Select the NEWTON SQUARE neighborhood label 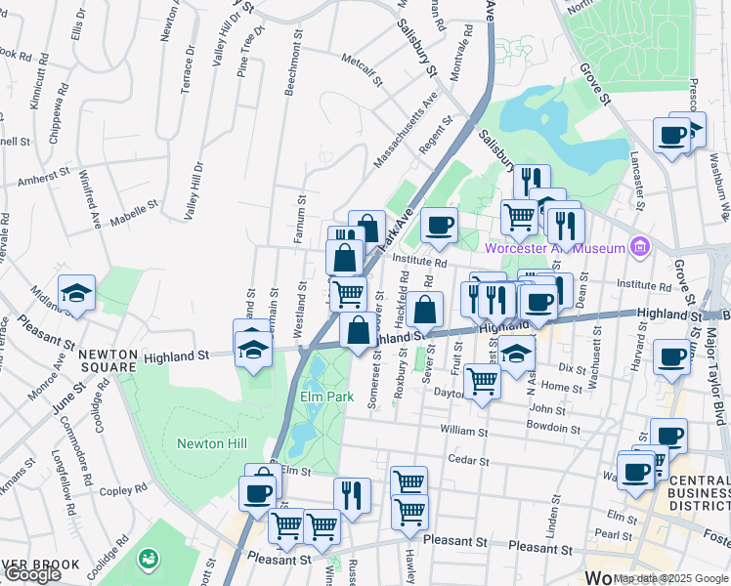pos(107,360)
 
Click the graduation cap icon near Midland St pos(76,293)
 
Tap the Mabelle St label pos(135,210)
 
